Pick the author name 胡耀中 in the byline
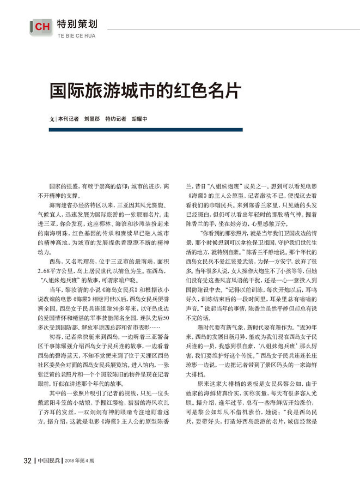[139, 118]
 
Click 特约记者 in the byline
[115, 118]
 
